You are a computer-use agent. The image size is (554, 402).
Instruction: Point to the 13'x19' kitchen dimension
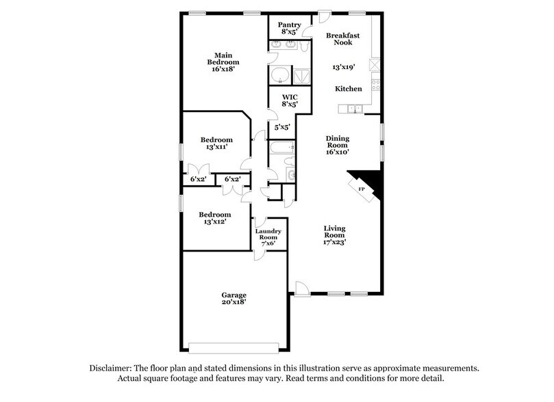coord(344,68)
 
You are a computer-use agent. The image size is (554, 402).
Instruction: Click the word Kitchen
coord(348,89)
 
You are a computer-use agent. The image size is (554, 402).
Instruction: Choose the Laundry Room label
coord(268,235)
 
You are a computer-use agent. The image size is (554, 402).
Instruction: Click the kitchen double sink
coord(355,109)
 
